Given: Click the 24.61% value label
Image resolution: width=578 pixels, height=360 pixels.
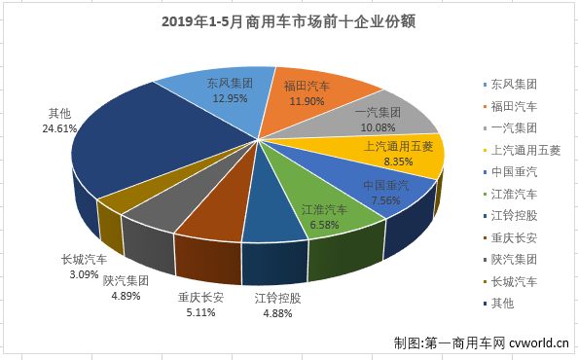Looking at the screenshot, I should coord(59,127).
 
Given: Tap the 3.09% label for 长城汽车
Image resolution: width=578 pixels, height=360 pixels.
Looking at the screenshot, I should coord(85,275).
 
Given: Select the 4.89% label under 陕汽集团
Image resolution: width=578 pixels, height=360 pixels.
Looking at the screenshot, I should coord(130,295).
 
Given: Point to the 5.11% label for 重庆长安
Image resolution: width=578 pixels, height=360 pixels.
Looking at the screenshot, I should coord(199,313).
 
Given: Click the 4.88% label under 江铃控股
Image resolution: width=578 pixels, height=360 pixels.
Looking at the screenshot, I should coord(276,313).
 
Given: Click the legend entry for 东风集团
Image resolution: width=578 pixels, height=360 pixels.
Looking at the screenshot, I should coord(517,84).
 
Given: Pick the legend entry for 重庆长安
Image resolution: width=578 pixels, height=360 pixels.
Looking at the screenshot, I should coord(517,237).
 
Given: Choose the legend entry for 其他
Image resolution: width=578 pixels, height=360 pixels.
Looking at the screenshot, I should coord(505,304).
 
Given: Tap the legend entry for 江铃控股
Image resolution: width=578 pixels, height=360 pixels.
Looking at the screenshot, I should coord(517,216).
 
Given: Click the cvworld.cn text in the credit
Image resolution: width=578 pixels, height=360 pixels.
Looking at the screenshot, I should coord(539,342).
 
